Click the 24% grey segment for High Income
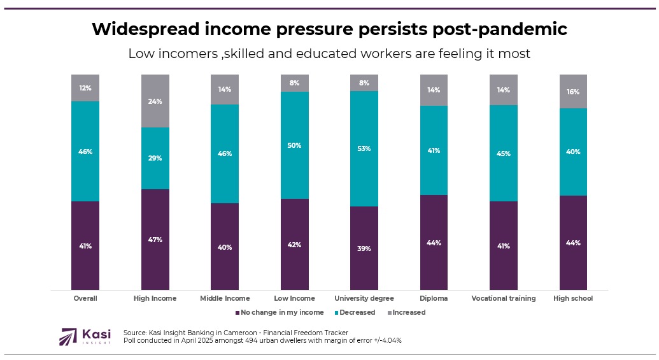(155, 101)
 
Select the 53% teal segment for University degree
(364, 148)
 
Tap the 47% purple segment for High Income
(155, 240)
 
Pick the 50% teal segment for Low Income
(295, 145)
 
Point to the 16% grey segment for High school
(573, 92)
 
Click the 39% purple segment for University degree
(364, 248)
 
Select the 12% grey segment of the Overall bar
(85, 88)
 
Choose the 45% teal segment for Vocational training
(504, 153)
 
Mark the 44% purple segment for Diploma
(434, 242)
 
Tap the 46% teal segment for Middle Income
(225, 154)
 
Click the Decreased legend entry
(357, 312)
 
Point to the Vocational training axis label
(503, 298)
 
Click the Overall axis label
(85, 298)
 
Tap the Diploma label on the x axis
(434, 298)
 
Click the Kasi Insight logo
(85, 336)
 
